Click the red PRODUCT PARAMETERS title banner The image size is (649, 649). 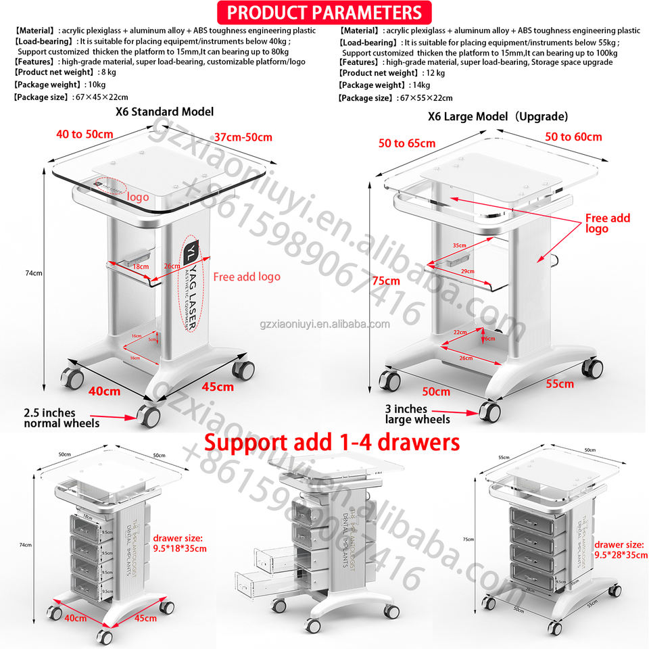(x=324, y=12)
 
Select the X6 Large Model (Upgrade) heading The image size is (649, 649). (x=498, y=116)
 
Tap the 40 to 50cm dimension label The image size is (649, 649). (x=85, y=134)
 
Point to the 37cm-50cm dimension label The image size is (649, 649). (x=243, y=137)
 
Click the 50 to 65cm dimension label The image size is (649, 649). (x=407, y=143)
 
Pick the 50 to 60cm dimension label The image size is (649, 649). (x=574, y=137)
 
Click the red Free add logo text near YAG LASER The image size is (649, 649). (x=246, y=277)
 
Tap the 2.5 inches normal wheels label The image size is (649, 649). (x=59, y=418)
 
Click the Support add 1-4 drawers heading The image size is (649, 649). (x=332, y=443)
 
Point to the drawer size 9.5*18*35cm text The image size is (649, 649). (x=179, y=544)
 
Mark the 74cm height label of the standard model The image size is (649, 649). (x=34, y=273)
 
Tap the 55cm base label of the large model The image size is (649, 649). (x=560, y=383)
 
